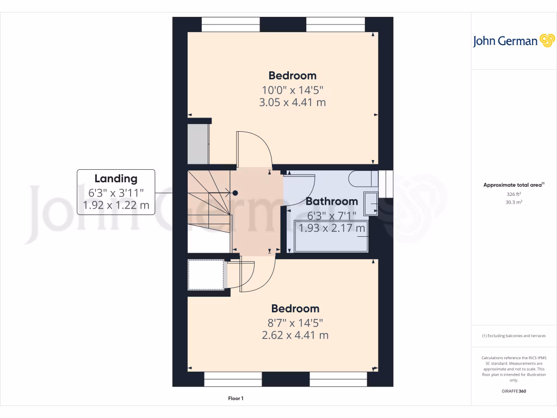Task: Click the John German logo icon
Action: point(546,41)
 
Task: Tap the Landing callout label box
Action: point(116,192)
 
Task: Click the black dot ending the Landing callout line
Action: point(235,193)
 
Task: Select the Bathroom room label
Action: point(331,201)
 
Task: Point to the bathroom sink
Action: point(372,203)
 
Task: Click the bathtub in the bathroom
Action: point(330,237)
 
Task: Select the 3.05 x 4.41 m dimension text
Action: point(294,102)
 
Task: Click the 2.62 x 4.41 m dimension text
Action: point(295,335)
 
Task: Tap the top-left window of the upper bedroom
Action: point(231,24)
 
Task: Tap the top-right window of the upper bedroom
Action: point(335,24)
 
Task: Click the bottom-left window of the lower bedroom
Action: point(233,379)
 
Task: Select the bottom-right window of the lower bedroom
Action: point(338,379)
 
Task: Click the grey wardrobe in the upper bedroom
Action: point(198,144)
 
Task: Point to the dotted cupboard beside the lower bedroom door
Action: point(207,275)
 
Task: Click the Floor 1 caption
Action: point(236,399)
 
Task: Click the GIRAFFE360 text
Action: point(513,391)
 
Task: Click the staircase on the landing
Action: point(209,201)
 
